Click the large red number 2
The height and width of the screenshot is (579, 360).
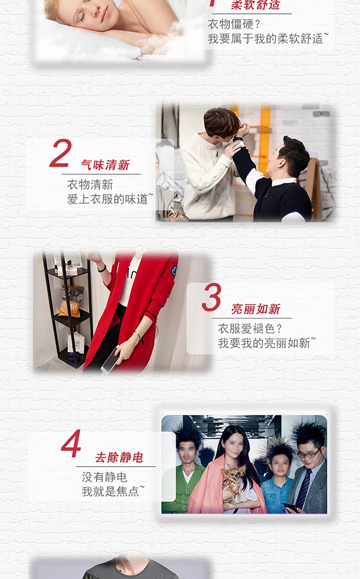[61, 153]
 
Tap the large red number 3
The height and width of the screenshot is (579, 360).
[211, 297]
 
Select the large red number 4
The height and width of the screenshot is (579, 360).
[71, 444]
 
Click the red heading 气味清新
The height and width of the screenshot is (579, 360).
[105, 165]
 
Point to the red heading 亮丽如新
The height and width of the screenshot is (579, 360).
[256, 309]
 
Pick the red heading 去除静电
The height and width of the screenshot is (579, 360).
[119, 458]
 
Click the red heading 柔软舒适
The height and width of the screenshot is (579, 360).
[256, 5]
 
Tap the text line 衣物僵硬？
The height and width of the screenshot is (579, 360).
[234, 24]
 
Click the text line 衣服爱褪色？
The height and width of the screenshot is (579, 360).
[250, 329]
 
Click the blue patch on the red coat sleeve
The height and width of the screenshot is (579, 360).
[174, 270]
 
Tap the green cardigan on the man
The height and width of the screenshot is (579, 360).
[185, 490]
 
